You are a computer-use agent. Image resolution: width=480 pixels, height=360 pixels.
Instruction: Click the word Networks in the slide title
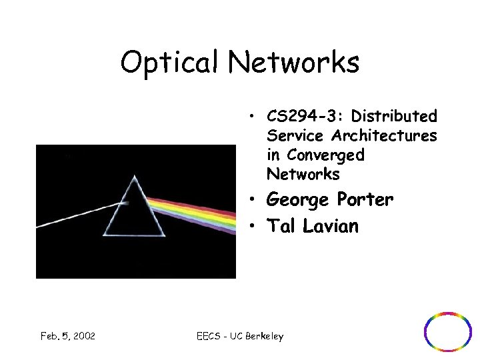pyautogui.click(x=294, y=63)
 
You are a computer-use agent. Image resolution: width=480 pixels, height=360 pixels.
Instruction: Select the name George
pyautogui.click(x=297, y=200)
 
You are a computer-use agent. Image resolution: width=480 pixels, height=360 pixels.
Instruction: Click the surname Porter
pyautogui.click(x=365, y=199)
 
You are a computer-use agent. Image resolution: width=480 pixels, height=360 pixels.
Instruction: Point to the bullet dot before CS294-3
pyautogui.click(x=255, y=117)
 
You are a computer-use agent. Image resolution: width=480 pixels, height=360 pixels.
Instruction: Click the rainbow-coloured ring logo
pyautogui.click(x=448, y=332)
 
